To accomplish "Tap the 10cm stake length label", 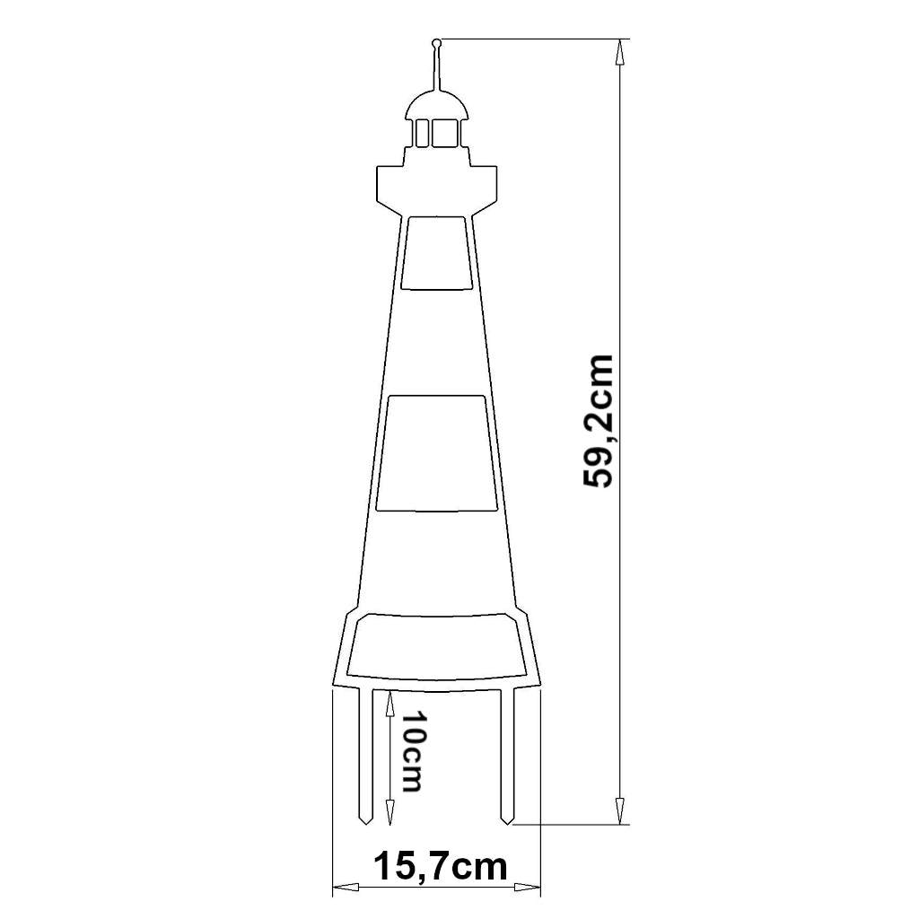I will (410, 752).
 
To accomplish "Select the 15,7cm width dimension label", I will (440, 867).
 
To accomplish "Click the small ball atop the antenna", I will (436, 42).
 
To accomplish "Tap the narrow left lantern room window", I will (420, 133).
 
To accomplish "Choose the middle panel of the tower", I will (437, 453).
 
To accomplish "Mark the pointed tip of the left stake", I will (366, 821).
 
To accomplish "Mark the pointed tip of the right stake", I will (507, 821).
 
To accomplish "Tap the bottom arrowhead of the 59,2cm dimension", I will (619, 812).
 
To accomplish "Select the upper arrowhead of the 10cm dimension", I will (389, 702).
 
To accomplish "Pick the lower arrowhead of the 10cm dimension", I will (389, 814).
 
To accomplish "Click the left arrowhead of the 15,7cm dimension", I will (344, 888).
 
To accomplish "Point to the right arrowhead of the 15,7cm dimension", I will (530, 888).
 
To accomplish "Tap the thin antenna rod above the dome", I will (437, 67).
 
